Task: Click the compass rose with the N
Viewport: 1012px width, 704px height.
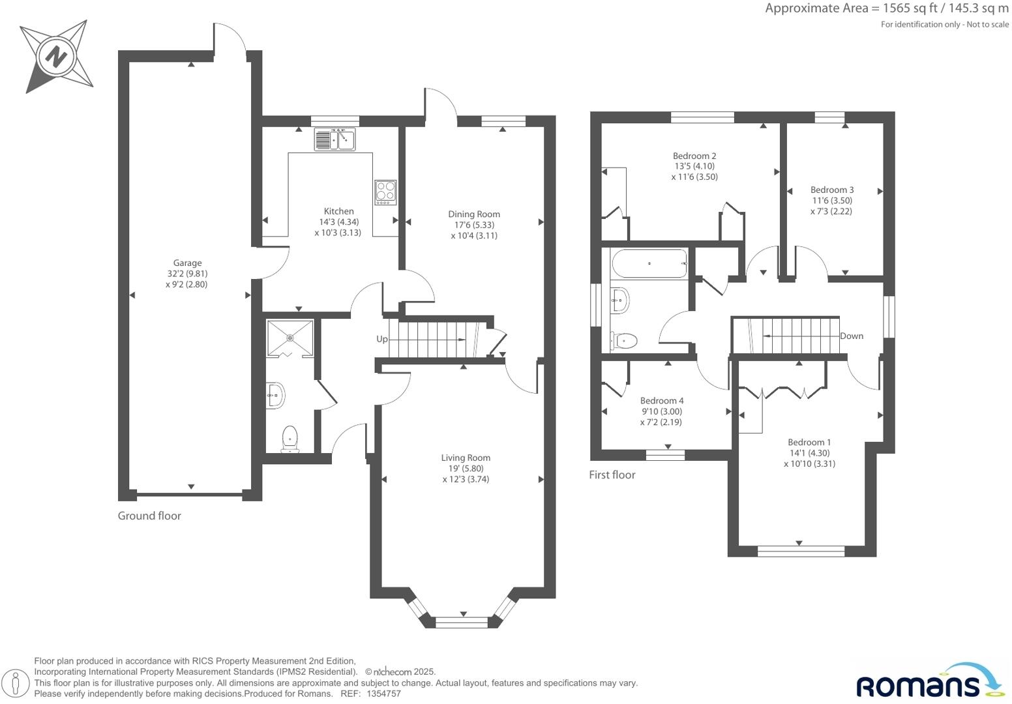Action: tap(56, 57)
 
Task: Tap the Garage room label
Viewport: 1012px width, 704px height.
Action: tap(187, 263)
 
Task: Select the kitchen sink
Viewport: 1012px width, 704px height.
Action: tap(335, 139)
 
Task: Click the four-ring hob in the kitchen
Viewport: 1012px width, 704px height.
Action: tap(385, 192)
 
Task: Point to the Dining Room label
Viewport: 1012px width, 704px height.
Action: tap(474, 214)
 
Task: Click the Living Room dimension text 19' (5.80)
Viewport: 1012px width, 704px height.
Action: tap(466, 469)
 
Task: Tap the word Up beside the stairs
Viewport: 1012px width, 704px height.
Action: tap(382, 339)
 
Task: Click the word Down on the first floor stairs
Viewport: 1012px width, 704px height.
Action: tap(852, 336)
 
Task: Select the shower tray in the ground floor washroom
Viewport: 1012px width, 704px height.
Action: tap(290, 338)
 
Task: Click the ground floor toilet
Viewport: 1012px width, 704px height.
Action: tap(290, 439)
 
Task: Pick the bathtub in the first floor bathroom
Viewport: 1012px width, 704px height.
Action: tap(649, 263)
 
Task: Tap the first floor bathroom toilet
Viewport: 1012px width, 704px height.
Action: tap(625, 340)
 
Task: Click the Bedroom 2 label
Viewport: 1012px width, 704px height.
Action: tap(694, 156)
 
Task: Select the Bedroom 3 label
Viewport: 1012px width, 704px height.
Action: tap(832, 190)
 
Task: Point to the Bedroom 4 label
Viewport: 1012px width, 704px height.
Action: tap(662, 401)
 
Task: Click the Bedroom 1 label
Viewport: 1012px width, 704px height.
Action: tap(809, 443)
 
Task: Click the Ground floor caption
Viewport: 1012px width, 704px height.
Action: tap(149, 516)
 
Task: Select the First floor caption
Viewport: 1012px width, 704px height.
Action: tap(612, 475)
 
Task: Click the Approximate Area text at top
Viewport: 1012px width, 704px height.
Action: tap(886, 8)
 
